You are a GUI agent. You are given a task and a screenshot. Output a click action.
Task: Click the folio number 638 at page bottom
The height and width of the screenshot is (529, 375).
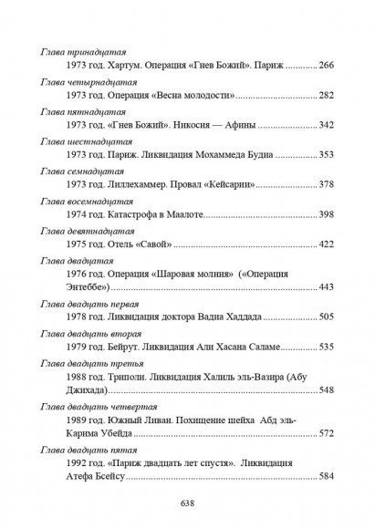188,503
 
